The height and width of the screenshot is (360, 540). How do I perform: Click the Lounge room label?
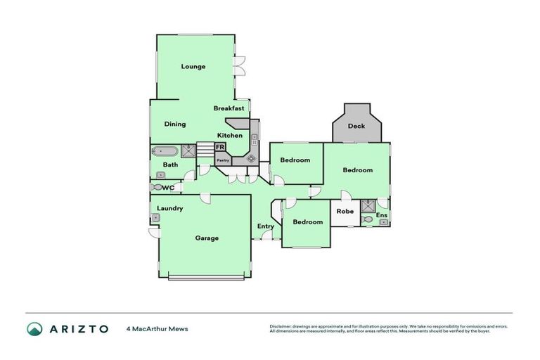pyautogui.click(x=193, y=67)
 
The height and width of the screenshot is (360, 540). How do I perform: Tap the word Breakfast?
pyautogui.click(x=229, y=108)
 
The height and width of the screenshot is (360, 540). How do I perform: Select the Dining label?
pyautogui.click(x=175, y=124)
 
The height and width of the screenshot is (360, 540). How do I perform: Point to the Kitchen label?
pyautogui.click(x=229, y=135)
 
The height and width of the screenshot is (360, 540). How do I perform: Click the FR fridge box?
pyautogui.click(x=220, y=147)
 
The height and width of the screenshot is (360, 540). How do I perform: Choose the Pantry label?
pyautogui.click(x=223, y=160)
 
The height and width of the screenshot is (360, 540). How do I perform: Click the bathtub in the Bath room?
pyautogui.click(x=166, y=150)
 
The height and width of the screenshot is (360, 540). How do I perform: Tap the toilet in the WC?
pyautogui.click(x=156, y=187)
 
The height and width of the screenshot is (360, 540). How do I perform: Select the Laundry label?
pyautogui.click(x=170, y=208)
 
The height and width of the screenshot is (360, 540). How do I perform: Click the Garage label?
pyautogui.click(x=207, y=238)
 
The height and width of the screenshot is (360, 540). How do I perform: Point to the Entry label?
pyautogui.click(x=265, y=226)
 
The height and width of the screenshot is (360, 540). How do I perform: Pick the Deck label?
pyautogui.click(x=356, y=127)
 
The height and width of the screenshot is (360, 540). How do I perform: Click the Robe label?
pyautogui.click(x=345, y=211)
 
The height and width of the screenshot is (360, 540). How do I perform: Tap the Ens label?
pyautogui.click(x=382, y=214)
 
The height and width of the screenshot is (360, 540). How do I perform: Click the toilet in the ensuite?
pyautogui.click(x=367, y=219)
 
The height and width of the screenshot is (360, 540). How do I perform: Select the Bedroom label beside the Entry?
pyautogui.click(x=308, y=222)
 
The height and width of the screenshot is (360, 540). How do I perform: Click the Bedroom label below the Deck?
pyautogui.click(x=357, y=170)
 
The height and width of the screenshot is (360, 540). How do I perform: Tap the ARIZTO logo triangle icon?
pyautogui.click(x=34, y=328)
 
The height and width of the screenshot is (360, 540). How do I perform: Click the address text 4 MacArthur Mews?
pyautogui.click(x=157, y=328)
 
